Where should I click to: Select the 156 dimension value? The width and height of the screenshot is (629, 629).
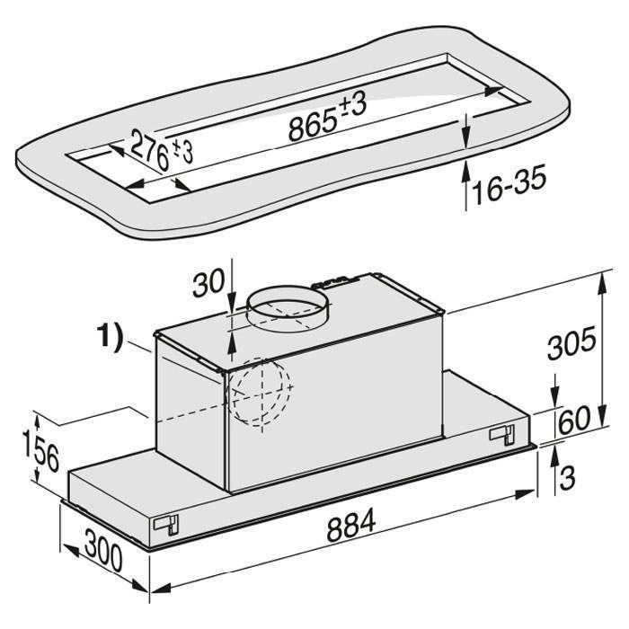[41, 450]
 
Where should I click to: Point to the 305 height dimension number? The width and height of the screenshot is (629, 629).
[571, 343]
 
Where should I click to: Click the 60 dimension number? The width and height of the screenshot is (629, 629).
[574, 420]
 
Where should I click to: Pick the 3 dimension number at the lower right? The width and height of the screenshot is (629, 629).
[567, 477]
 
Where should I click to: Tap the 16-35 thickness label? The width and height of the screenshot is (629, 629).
[509, 184]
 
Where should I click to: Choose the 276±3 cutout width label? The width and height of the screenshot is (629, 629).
[161, 150]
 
